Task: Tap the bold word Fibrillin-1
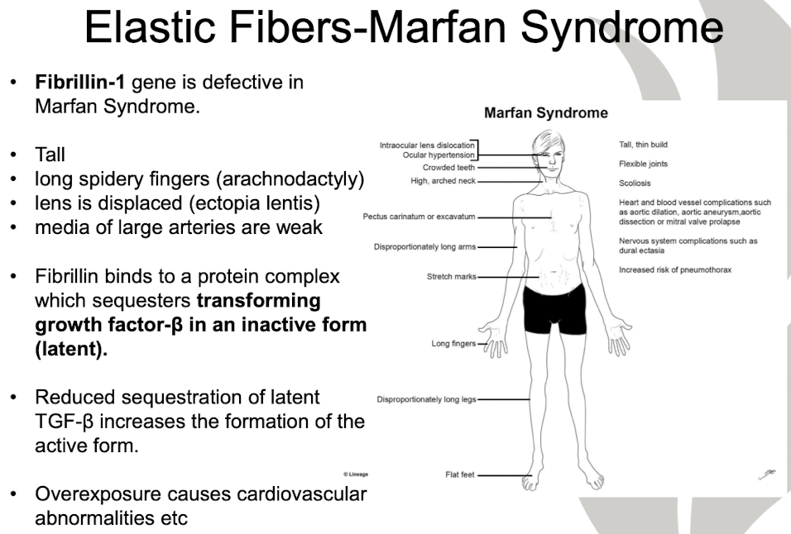(79, 83)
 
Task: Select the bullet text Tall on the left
(50, 155)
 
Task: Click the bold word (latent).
(71, 348)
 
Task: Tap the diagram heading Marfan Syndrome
(545, 113)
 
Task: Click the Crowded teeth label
(448, 168)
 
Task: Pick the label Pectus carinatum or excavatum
(419, 217)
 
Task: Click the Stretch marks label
(451, 277)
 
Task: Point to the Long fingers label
(453, 344)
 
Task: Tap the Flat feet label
(459, 475)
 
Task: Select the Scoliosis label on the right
(635, 184)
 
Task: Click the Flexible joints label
(643, 164)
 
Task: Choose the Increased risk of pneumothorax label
(674, 270)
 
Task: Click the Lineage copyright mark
(355, 474)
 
